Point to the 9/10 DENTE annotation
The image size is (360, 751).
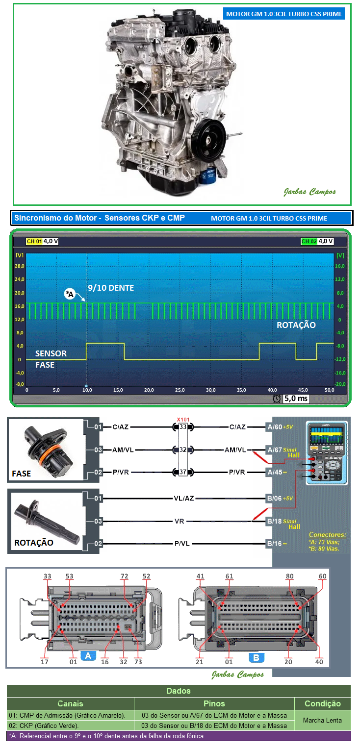click(111, 288)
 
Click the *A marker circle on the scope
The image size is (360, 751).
click(70, 294)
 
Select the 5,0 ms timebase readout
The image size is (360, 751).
click(296, 399)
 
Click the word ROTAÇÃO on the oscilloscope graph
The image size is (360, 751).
click(296, 325)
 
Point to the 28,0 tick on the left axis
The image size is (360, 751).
click(20, 266)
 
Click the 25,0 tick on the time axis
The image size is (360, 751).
click(180, 390)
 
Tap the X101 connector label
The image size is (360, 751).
click(183, 420)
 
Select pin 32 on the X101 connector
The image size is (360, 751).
click(183, 450)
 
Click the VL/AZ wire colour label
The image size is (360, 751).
click(184, 499)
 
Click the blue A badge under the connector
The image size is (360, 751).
click(88, 655)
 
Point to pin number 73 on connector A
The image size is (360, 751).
click(138, 662)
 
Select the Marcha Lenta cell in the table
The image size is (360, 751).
click(322, 720)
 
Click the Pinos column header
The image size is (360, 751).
click(214, 703)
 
